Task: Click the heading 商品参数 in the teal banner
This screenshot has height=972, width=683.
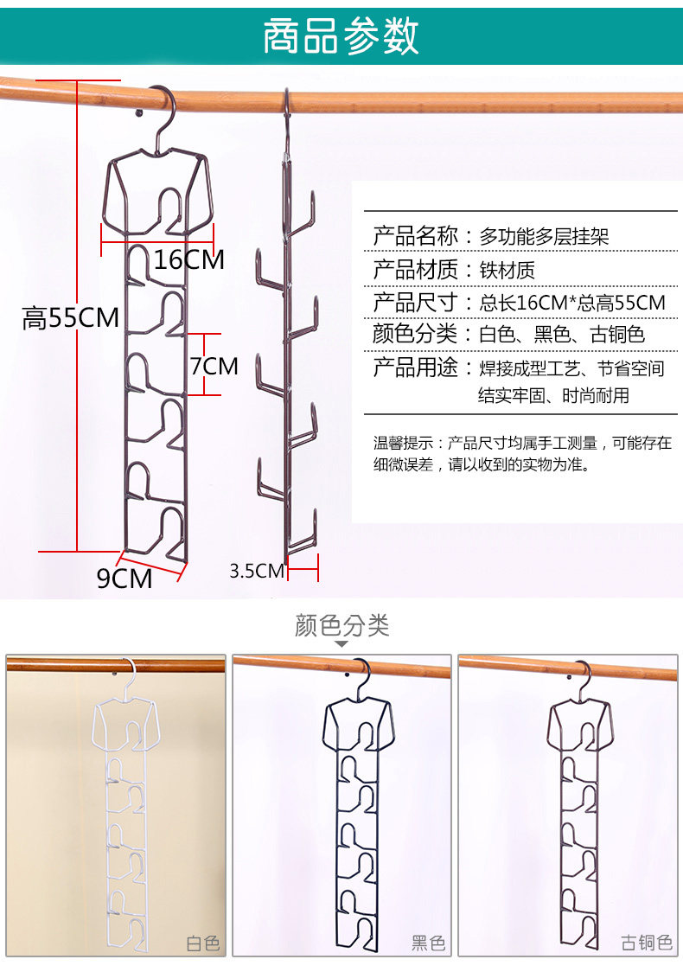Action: (x=341, y=36)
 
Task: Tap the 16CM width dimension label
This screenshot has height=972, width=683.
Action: (x=189, y=259)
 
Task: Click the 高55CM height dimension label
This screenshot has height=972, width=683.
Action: (x=71, y=318)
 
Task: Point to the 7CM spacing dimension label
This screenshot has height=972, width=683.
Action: (x=214, y=366)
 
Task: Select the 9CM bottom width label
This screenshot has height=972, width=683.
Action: (x=124, y=578)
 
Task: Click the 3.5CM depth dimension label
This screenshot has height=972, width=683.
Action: (x=257, y=571)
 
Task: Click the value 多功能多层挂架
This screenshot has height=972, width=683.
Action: (x=545, y=235)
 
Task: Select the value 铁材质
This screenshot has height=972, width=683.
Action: (x=507, y=270)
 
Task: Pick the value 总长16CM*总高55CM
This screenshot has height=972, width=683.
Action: (x=572, y=303)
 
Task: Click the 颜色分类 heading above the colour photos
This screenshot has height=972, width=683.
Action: (x=341, y=625)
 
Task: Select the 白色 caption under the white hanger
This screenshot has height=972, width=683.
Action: (x=203, y=942)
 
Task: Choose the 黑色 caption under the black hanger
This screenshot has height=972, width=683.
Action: (x=428, y=942)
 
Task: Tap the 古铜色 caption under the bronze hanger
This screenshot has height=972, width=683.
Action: (x=647, y=942)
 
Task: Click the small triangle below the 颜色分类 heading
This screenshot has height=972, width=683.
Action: (x=341, y=644)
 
